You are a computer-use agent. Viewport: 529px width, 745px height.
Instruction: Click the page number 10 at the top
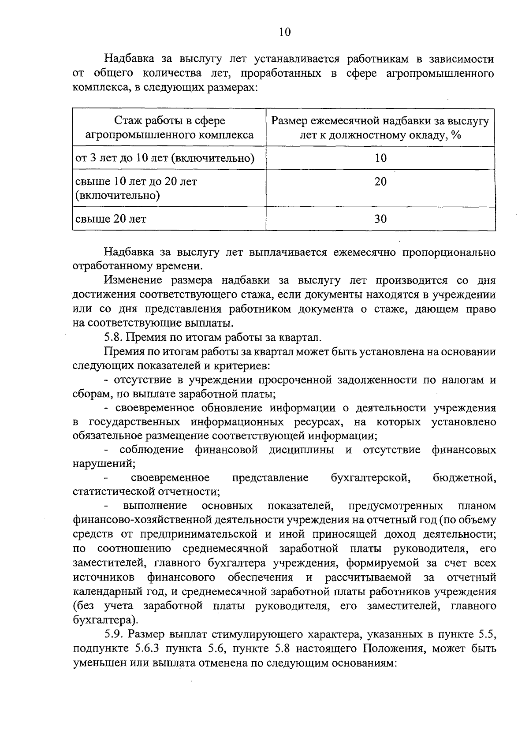click(285, 32)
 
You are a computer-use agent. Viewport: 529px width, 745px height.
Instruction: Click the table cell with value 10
click(380, 158)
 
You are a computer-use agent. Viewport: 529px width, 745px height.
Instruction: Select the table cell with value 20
click(380, 181)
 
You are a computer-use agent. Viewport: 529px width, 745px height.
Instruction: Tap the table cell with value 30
click(380, 219)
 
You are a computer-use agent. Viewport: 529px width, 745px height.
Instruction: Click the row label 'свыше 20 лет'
click(111, 219)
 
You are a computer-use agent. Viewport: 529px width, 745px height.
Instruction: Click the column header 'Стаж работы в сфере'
click(170, 120)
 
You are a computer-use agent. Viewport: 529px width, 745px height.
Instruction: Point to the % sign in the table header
click(456, 135)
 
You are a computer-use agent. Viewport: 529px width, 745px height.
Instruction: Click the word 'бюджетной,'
click(465, 478)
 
